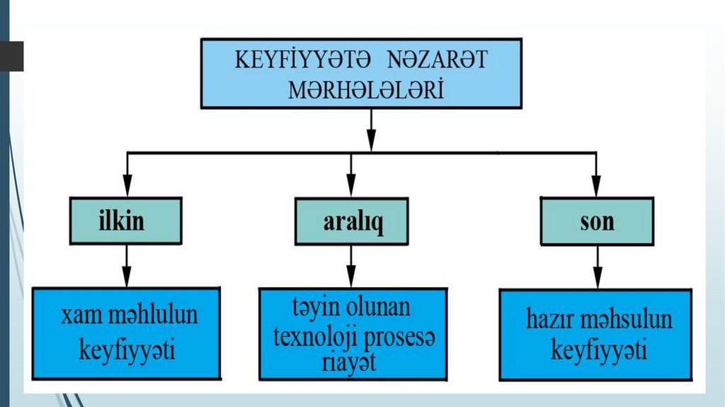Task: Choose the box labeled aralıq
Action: [352, 223]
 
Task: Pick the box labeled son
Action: [597, 223]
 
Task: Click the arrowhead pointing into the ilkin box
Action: [126, 190]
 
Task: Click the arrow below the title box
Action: [371, 139]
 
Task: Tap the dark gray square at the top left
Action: [11, 57]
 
